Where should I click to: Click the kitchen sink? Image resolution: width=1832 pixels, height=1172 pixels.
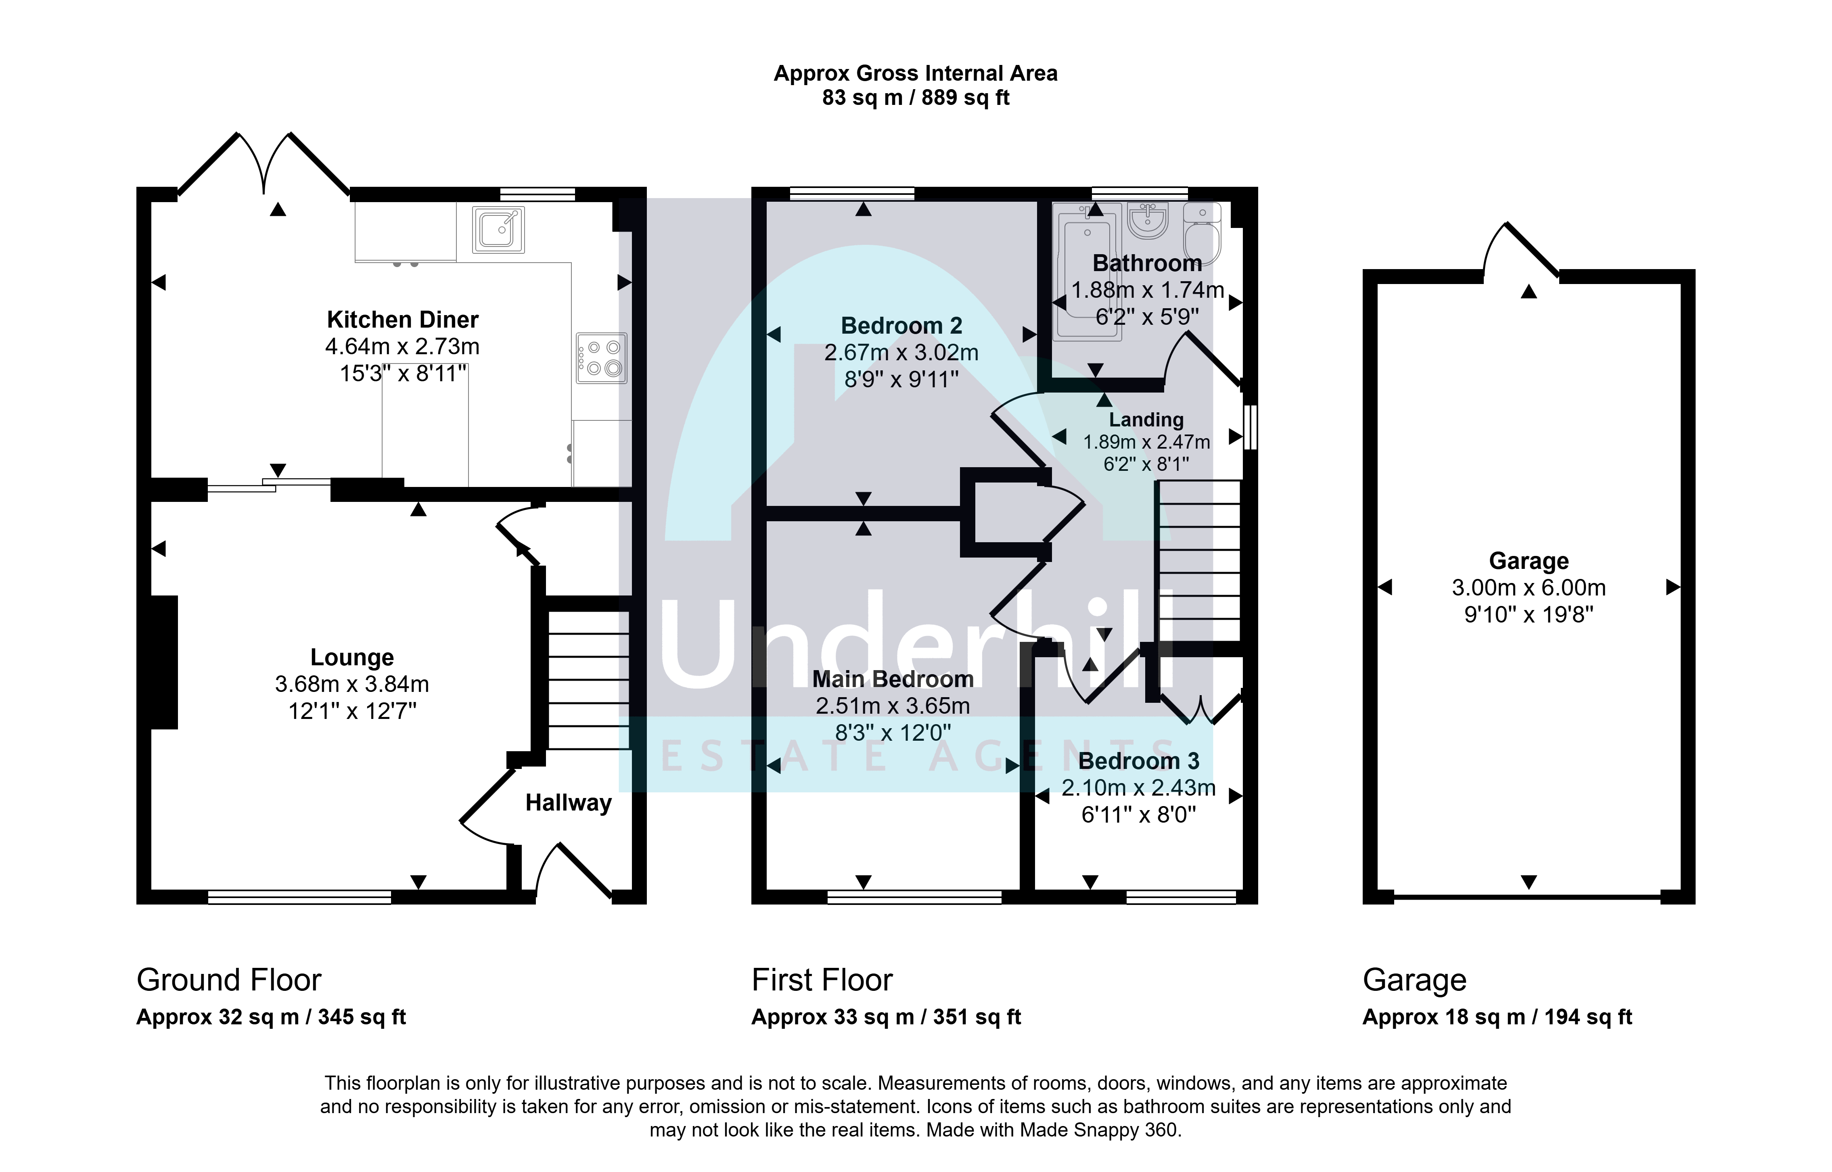tap(498, 229)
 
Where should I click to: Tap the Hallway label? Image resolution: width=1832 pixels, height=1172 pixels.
tap(569, 803)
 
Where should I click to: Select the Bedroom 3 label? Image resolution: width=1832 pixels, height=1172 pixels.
tap(1139, 761)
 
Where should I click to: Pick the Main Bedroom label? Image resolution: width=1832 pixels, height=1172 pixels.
tap(893, 679)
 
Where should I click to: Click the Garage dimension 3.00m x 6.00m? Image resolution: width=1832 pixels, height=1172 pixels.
tap(1528, 587)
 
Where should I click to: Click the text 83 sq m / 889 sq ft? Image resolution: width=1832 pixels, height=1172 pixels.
tap(916, 97)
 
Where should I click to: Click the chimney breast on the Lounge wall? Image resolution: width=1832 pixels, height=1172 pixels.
tap(164, 662)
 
